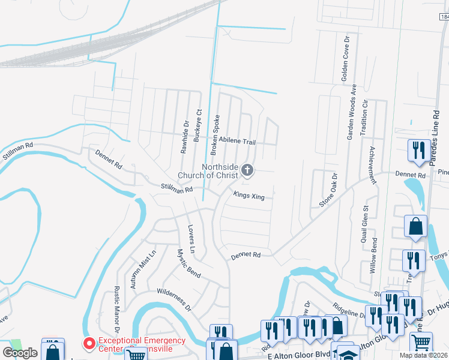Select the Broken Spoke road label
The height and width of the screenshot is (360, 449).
tap(213, 134)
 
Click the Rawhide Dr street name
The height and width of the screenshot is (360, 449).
tap(185, 137)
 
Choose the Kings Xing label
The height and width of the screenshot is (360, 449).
tap(249, 196)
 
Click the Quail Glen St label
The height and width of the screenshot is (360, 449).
tap(364, 223)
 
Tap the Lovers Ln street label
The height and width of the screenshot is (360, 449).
tap(191, 238)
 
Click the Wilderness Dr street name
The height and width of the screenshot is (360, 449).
tap(173, 299)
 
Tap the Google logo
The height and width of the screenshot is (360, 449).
tap(20, 352)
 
